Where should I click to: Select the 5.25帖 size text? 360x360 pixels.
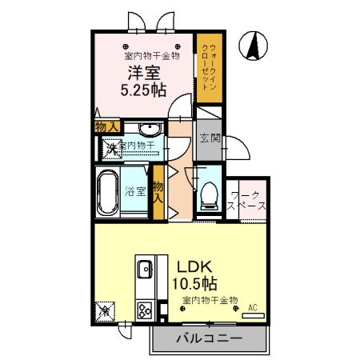point(144,90)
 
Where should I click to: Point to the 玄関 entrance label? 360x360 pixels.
point(208,137)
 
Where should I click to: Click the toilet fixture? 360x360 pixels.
point(209,191)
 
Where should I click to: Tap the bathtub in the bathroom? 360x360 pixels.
point(106,193)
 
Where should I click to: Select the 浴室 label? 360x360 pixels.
point(134,191)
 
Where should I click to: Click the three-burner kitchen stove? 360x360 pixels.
point(146,308)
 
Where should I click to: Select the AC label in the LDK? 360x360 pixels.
point(253,306)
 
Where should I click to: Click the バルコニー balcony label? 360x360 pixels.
point(209,339)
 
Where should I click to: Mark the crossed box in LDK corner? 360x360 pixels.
point(104,308)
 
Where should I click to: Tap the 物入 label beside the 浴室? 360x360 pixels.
point(158,191)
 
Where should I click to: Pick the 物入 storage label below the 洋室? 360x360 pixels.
point(106,127)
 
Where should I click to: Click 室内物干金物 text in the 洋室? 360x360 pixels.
point(151,56)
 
